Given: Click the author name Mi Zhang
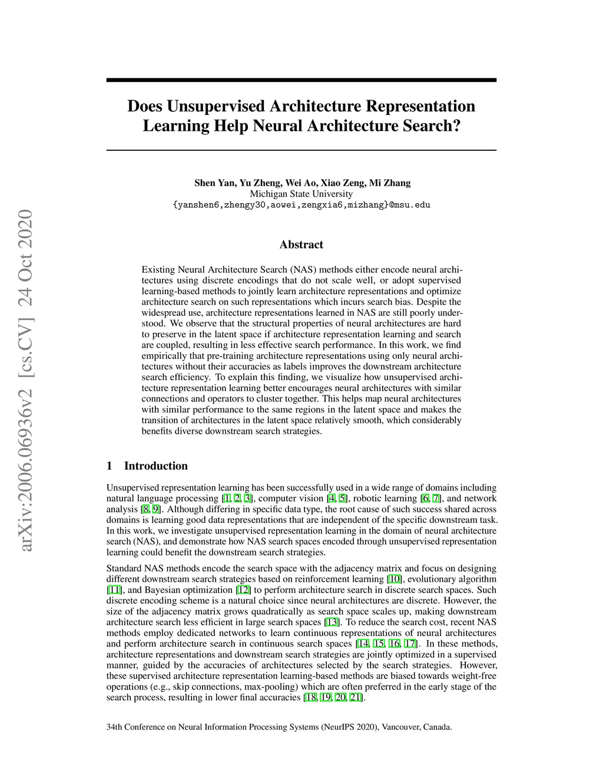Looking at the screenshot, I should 390,183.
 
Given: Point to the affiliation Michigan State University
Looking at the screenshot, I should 301,194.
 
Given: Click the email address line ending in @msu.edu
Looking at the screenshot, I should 301,205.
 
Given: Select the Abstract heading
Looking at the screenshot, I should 301,245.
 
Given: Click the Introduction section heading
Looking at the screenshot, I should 155,466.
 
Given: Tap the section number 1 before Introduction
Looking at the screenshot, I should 110,466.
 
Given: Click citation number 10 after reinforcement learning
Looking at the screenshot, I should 395,579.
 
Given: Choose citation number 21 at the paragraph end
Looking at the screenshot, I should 356,698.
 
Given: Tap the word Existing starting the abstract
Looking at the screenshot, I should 158,270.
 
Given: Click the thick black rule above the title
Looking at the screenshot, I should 301,80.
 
